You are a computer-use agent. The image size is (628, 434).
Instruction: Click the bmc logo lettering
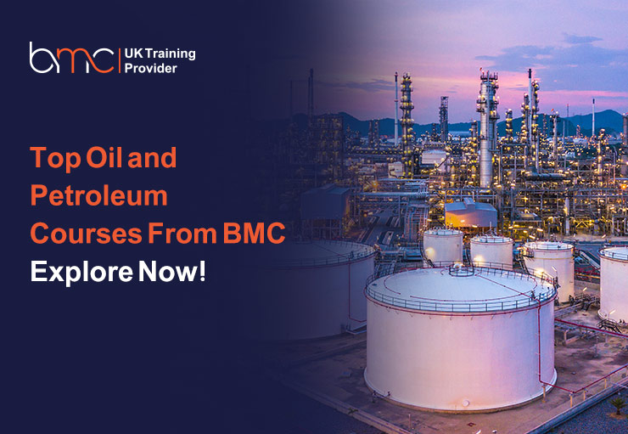click(71, 58)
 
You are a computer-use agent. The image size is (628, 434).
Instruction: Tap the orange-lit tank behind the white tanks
click(472, 217)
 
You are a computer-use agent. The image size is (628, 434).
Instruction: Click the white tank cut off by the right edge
click(614, 285)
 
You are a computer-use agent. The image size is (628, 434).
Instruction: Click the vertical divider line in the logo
click(121, 59)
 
